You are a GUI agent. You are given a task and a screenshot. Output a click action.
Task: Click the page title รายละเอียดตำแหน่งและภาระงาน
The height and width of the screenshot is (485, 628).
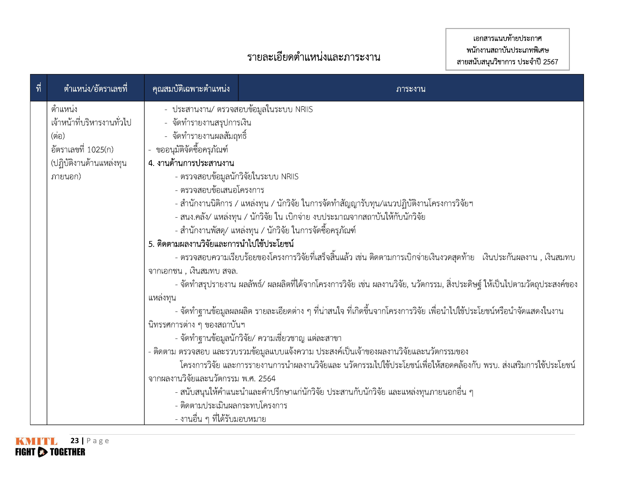[313, 57]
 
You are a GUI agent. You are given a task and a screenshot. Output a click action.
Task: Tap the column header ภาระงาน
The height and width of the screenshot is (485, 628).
[411, 89]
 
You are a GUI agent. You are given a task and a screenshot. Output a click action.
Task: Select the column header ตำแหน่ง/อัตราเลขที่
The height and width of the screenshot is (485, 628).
[95, 89]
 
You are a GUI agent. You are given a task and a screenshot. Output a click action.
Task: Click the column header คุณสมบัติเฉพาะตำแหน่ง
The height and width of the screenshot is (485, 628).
[191, 89]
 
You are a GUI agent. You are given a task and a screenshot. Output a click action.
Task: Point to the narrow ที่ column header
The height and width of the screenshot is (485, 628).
[38, 89]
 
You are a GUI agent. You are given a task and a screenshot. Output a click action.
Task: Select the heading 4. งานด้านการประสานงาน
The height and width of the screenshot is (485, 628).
[191, 163]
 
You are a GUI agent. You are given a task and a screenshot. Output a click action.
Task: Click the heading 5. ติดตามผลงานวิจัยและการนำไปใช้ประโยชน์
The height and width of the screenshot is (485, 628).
[221, 244]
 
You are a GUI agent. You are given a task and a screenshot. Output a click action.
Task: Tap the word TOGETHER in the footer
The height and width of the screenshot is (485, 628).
[68, 452]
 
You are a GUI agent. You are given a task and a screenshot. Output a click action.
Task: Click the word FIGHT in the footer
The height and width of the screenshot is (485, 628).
[25, 452]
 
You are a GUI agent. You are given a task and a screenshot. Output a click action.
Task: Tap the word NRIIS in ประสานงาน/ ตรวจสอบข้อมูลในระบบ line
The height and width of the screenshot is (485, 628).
[304, 109]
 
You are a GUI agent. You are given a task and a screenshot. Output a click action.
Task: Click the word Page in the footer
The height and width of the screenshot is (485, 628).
[98, 441]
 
